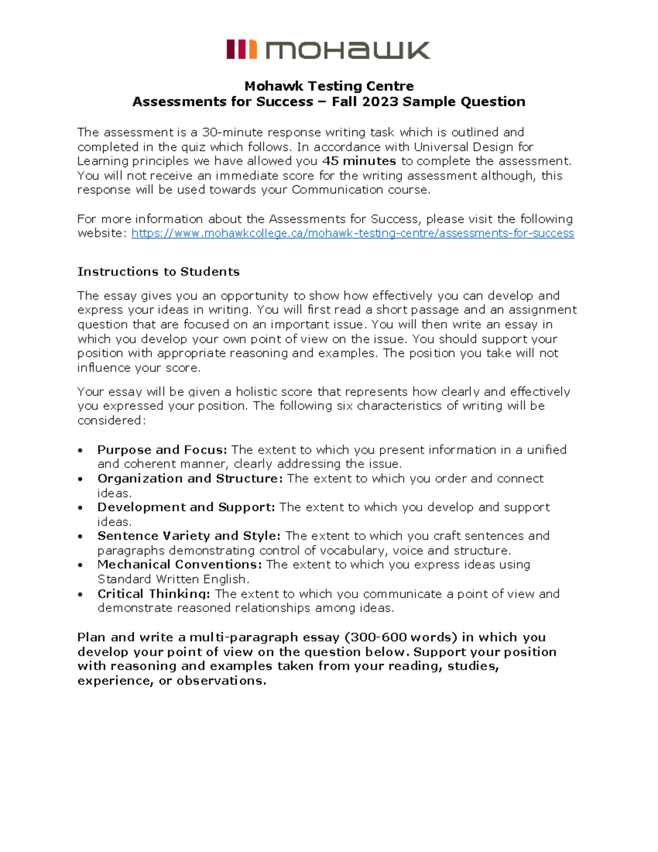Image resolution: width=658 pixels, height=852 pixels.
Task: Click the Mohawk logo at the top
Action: click(x=328, y=49)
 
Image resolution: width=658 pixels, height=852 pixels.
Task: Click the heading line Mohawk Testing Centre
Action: click(x=329, y=86)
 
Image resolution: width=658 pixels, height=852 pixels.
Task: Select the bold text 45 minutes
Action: click(x=359, y=161)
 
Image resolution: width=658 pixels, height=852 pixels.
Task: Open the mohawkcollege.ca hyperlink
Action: click(x=353, y=234)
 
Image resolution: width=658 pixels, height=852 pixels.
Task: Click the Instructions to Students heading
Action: click(x=158, y=272)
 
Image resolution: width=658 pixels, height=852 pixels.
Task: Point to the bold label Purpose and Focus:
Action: click(x=162, y=450)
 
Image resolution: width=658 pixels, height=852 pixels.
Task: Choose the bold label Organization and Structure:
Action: click(x=190, y=478)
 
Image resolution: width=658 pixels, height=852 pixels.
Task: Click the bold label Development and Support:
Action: click(x=186, y=507)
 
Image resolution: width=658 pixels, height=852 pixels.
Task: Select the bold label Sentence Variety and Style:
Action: click(x=189, y=536)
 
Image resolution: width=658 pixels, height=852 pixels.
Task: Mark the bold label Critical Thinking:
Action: click(x=154, y=594)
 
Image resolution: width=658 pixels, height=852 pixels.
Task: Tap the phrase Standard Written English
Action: click(x=173, y=579)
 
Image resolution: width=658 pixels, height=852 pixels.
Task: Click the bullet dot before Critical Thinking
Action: click(x=81, y=595)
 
